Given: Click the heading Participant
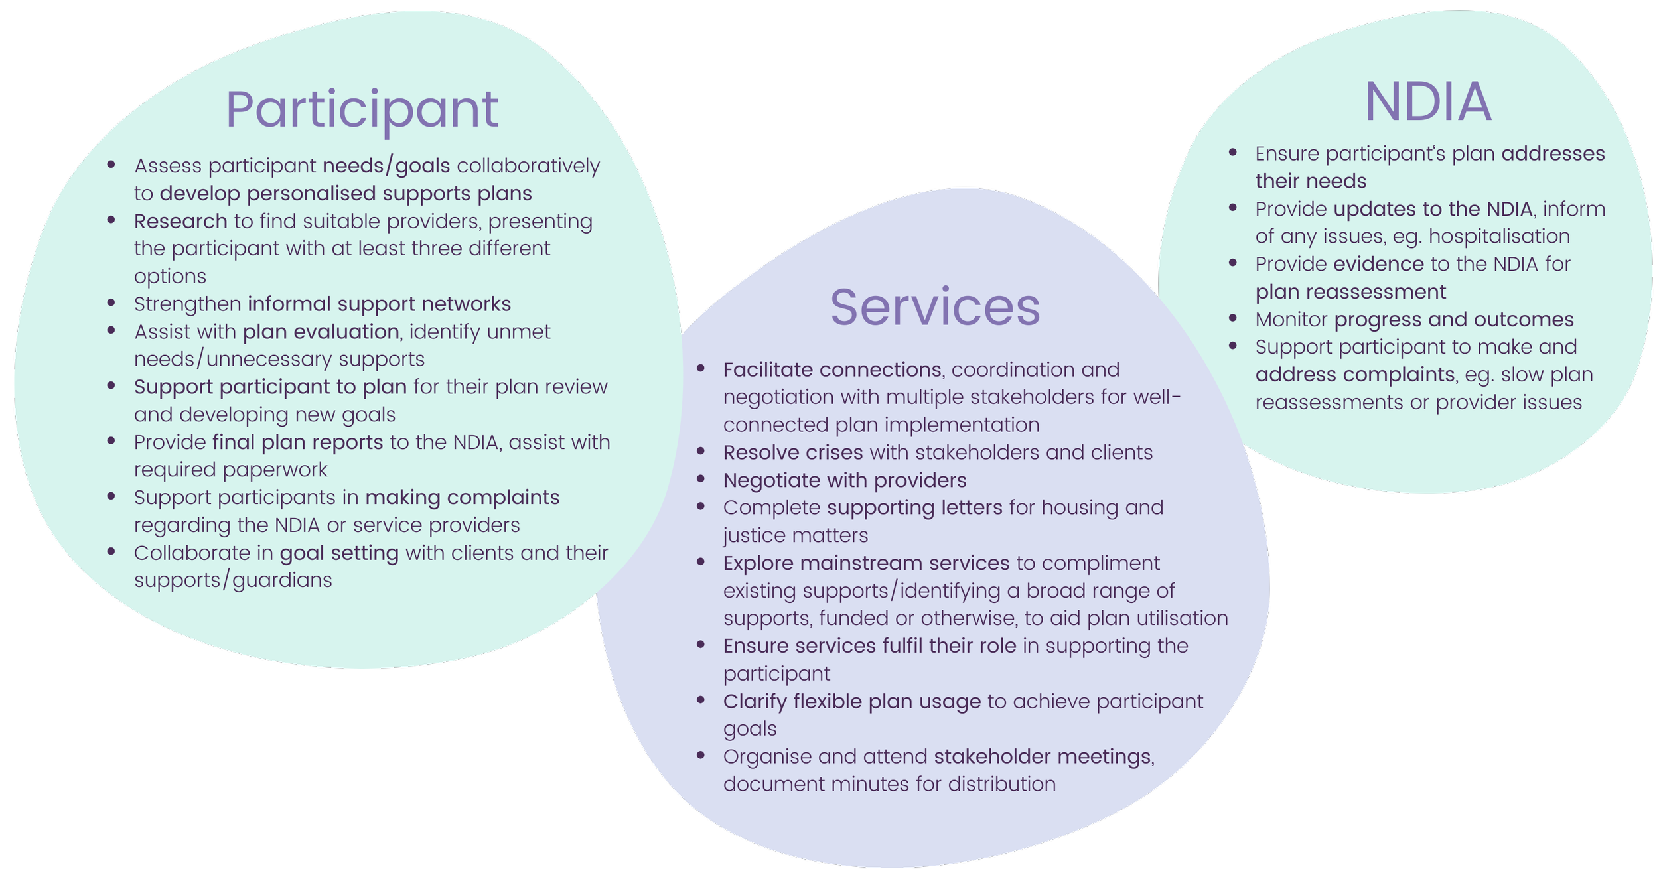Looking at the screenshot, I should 362,109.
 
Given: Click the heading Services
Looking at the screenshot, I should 935,307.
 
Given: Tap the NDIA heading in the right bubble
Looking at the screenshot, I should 1428,102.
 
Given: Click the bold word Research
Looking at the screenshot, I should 180,221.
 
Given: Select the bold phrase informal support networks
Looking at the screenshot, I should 379,304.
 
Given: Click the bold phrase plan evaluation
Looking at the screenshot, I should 321,331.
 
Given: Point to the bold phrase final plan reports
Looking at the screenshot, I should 297,442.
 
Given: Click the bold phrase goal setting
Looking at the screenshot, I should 339,553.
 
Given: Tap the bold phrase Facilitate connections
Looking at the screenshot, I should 831,369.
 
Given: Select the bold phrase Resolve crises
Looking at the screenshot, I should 792,452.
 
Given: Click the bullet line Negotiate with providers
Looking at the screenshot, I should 844,480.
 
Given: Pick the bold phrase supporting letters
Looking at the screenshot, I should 914,507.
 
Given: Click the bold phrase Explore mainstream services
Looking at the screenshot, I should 866,563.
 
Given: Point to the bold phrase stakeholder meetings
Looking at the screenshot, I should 1042,756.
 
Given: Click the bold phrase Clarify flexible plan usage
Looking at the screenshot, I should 851,701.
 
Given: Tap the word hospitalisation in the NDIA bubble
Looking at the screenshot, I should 1499,236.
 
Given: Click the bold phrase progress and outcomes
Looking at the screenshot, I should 1453,320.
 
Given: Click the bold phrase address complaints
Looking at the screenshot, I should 1354,375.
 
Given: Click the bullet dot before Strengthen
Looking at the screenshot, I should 111,302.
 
